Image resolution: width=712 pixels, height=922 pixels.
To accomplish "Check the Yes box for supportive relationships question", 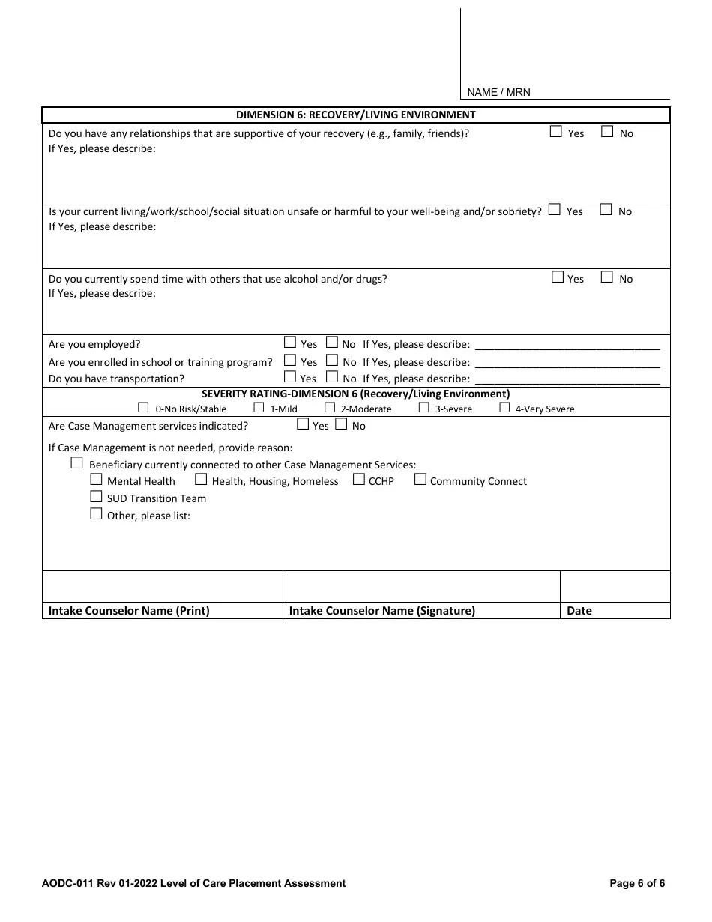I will [x=555, y=132].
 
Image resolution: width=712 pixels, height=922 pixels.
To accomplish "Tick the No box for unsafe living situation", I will [x=606, y=210].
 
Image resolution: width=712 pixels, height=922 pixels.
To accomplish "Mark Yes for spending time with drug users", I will [x=557, y=277].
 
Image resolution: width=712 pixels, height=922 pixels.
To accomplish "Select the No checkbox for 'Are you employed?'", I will [x=331, y=343].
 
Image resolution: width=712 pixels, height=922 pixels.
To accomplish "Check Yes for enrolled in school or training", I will [x=290, y=361].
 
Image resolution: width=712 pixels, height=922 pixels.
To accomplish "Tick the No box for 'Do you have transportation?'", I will [x=331, y=378].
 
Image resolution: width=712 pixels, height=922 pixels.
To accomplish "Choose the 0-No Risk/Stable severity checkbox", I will [x=143, y=408].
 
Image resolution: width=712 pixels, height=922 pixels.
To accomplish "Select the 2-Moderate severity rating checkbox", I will [x=330, y=408].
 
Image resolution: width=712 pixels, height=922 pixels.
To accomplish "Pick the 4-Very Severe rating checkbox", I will [x=504, y=408].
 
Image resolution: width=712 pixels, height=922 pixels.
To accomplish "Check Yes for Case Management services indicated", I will [x=303, y=424].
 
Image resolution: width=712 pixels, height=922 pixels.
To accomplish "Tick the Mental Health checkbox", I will [x=96, y=480].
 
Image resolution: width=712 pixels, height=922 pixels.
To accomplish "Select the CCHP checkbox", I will [x=358, y=480].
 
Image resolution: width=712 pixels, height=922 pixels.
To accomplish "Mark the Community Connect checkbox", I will [x=420, y=480].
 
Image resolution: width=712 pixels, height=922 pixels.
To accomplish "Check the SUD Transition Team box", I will [x=96, y=497].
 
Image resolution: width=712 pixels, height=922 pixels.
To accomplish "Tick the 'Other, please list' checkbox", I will [x=96, y=514].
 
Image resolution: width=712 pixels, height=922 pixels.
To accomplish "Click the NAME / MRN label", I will [x=498, y=92].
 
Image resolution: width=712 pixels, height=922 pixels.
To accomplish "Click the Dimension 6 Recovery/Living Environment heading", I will [x=355, y=115].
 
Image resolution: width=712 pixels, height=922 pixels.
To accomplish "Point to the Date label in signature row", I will [x=579, y=610].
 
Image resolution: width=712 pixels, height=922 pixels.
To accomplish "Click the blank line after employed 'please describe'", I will [x=567, y=346].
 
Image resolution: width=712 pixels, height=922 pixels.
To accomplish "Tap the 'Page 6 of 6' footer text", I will [x=637, y=883].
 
